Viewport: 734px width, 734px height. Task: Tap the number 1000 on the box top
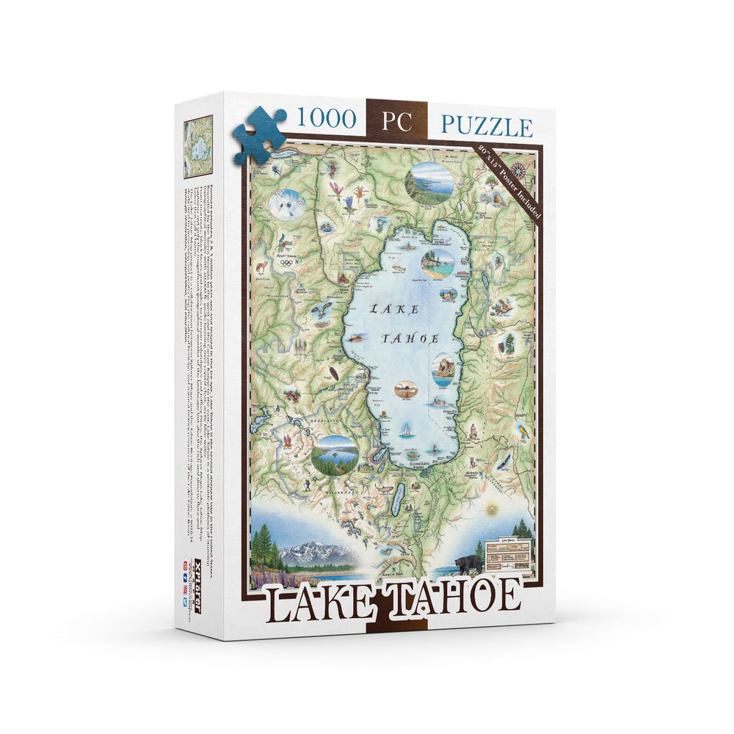click(x=325, y=119)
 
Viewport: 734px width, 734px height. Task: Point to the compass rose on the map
click(x=518, y=170)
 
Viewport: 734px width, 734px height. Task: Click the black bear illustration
click(x=468, y=564)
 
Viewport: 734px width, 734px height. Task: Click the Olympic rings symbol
click(x=286, y=263)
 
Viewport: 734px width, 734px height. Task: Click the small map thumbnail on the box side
click(x=197, y=146)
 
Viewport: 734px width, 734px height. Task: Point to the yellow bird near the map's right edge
click(x=524, y=432)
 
